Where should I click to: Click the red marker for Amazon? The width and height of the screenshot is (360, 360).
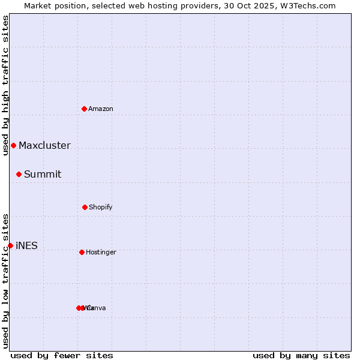click(85, 109)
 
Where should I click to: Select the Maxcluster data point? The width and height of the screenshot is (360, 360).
click(13, 145)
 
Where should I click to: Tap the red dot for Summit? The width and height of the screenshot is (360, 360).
click(19, 174)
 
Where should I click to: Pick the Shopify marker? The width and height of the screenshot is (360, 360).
click(85, 207)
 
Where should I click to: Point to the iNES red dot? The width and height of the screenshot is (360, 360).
click(10, 245)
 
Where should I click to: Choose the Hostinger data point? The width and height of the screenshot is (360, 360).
click(82, 252)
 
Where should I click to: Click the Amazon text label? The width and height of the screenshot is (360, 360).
click(101, 109)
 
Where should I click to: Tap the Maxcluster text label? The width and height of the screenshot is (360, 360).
click(44, 145)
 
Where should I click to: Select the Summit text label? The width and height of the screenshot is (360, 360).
click(43, 174)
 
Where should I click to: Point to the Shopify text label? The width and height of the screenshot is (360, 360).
click(101, 207)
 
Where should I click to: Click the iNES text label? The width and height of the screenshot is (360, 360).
click(26, 245)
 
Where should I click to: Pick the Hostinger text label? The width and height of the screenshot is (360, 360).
click(101, 252)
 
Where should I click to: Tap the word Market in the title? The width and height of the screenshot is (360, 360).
click(38, 5)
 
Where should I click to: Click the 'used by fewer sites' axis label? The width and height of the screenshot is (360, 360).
click(62, 355)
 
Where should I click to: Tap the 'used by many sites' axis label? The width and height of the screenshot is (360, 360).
click(301, 355)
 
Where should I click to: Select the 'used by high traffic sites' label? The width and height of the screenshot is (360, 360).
click(5, 85)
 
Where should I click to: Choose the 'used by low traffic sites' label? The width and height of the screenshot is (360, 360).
click(5, 280)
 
